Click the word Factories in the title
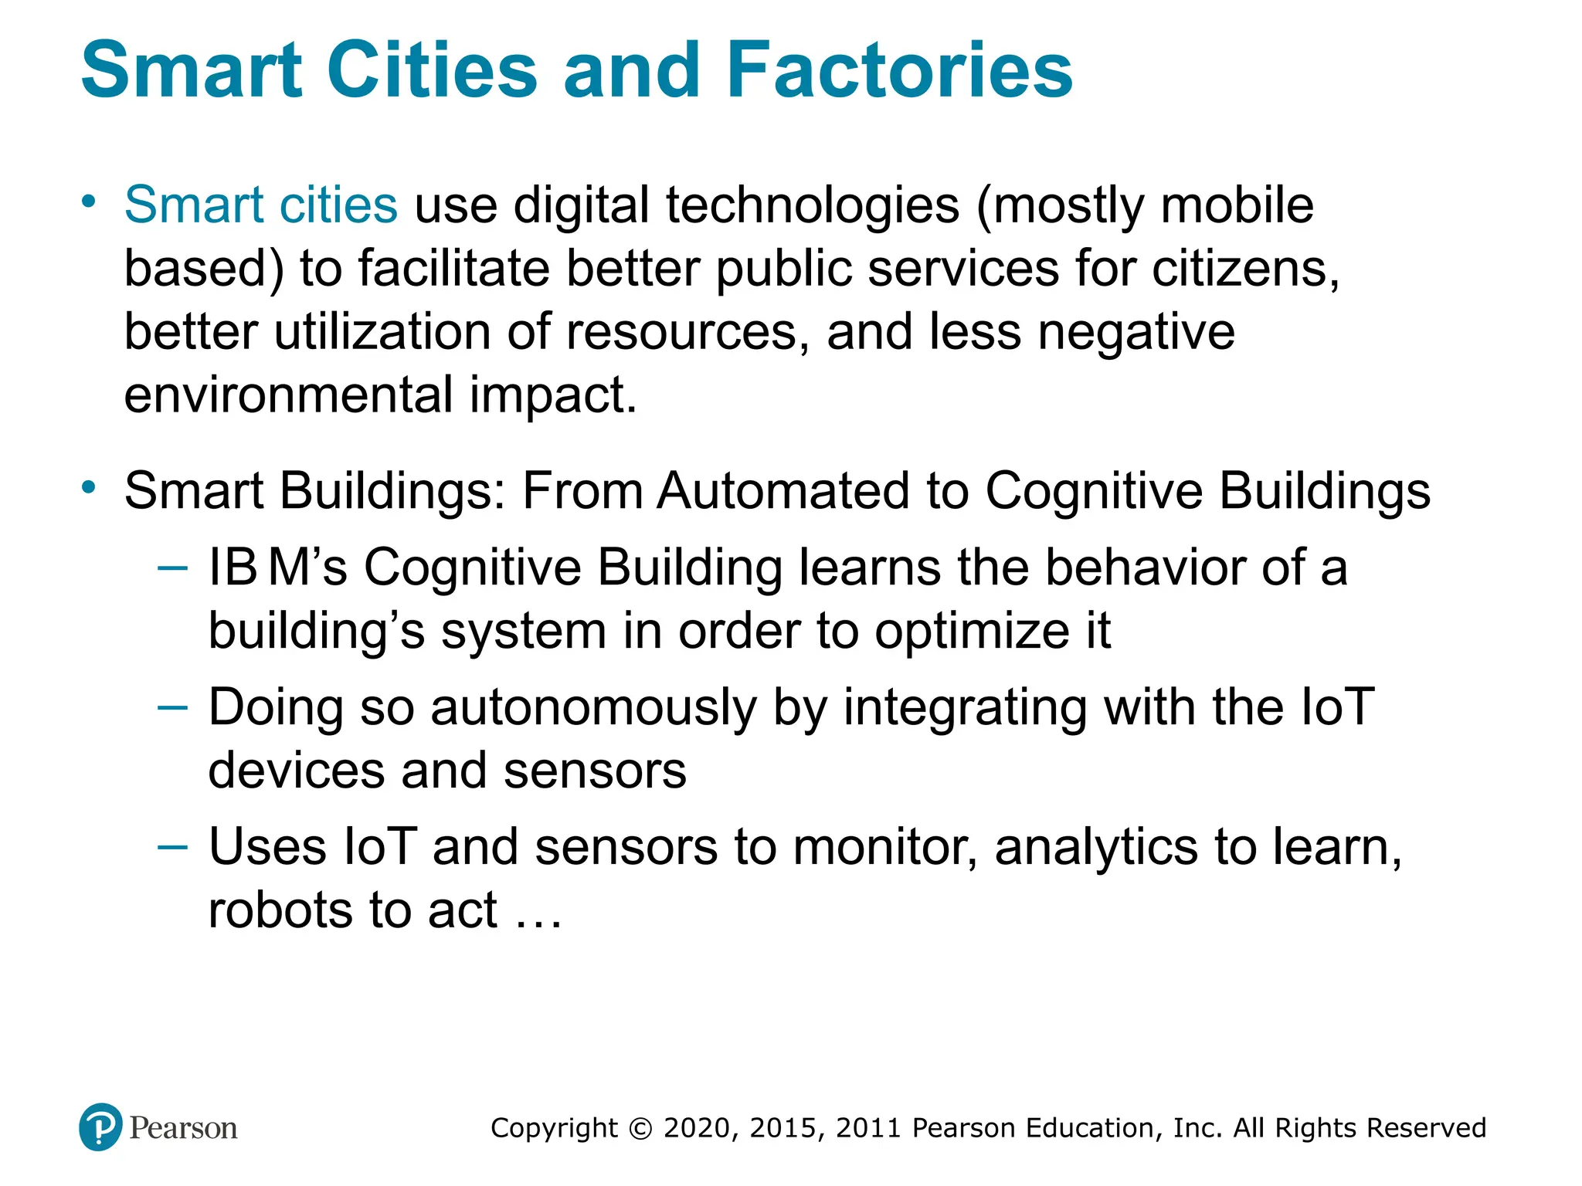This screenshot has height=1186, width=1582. pyautogui.click(x=899, y=70)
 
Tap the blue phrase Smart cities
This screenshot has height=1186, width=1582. pyautogui.click(x=261, y=205)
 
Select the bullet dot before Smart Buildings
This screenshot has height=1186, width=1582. pyautogui.click(x=90, y=487)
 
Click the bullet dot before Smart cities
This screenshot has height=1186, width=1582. pyautogui.click(x=90, y=202)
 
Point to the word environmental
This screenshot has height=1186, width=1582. pyautogui.click(x=288, y=395)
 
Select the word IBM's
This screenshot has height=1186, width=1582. pyautogui.click(x=278, y=568)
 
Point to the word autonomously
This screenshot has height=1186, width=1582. pyautogui.click(x=593, y=708)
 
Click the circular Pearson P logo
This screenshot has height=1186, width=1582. pyautogui.click(x=100, y=1127)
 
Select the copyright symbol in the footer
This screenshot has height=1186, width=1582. pyautogui.click(x=640, y=1128)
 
